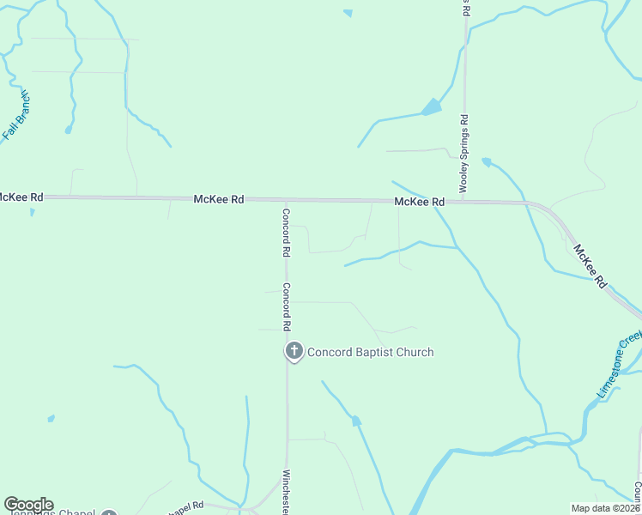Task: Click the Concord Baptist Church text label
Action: pyautogui.click(x=370, y=352)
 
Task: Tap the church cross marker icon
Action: pyautogui.click(x=294, y=350)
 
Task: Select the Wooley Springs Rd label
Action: pyautogui.click(x=464, y=154)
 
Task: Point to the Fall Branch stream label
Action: pyautogui.click(x=15, y=115)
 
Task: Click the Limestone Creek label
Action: pyautogui.click(x=618, y=364)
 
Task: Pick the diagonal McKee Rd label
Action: pyautogui.click(x=591, y=266)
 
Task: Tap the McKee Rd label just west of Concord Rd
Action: pyautogui.click(x=219, y=199)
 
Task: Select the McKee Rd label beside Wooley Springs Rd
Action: pyautogui.click(x=420, y=202)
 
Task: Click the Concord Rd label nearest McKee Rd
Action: pyautogui.click(x=287, y=233)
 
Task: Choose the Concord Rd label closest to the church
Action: pyautogui.click(x=287, y=307)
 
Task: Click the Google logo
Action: pyautogui.click(x=28, y=505)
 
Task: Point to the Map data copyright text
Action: pyautogui.click(x=606, y=507)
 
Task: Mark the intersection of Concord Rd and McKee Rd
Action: pyautogui.click(x=286, y=200)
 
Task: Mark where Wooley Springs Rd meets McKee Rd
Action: pyautogui.click(x=464, y=202)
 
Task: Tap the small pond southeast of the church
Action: pyautogui.click(x=356, y=421)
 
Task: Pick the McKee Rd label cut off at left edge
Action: pyautogui.click(x=21, y=197)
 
